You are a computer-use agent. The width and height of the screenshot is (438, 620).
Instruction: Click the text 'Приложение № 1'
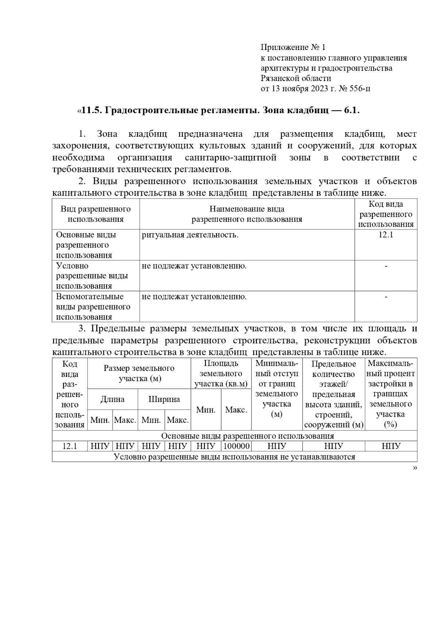[293, 47]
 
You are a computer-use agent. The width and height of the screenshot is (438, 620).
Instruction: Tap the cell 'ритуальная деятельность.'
[190, 235]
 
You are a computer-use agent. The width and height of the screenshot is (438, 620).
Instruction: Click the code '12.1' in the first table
[385, 235]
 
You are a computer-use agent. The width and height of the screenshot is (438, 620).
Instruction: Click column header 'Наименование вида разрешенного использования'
[247, 214]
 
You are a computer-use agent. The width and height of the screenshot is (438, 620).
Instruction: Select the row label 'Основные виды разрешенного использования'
[86, 245]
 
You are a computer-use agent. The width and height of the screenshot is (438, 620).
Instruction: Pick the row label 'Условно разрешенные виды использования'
[91, 276]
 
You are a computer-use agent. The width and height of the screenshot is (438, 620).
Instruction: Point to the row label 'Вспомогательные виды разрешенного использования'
[93, 307]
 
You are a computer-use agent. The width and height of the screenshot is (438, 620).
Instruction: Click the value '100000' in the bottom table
[236, 446]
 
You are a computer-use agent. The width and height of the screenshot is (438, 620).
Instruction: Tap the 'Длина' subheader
[112, 399]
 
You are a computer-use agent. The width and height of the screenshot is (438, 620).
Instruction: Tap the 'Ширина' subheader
[164, 399]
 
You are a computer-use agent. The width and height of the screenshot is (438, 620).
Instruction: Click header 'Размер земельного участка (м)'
[139, 373]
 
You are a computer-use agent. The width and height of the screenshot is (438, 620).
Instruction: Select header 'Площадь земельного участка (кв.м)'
[221, 373]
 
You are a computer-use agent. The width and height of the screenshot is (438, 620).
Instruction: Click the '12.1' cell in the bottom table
[69, 446]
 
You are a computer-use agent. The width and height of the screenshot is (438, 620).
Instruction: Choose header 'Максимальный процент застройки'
[391, 393]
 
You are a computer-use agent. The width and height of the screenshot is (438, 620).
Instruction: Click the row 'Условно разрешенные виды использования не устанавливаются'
[234, 456]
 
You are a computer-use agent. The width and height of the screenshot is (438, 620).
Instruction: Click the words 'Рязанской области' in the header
[296, 78]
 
